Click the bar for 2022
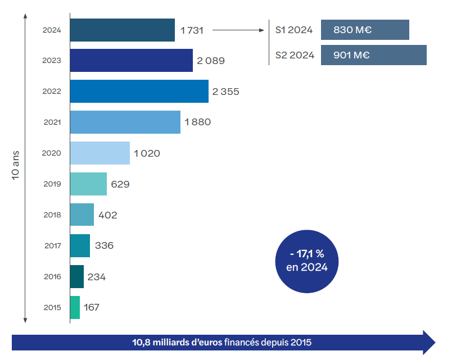[139, 91]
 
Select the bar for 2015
[75, 307]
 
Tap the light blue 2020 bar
[100, 153]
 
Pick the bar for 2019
[88, 184]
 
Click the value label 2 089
[211, 61]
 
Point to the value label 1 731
[191, 30]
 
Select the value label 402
[107, 215]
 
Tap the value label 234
[97, 276]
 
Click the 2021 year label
[52, 122]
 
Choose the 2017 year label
[52, 245]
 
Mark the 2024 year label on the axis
[52, 30]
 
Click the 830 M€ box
[365, 30]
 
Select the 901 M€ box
[373, 55]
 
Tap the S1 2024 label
[293, 30]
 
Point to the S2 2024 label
[293, 55]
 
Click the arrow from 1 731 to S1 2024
[239, 30]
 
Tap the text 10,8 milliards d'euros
[177, 341]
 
